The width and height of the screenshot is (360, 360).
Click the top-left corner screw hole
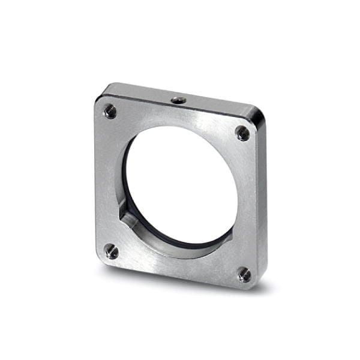click(110, 111)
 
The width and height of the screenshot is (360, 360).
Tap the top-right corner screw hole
click(242, 133)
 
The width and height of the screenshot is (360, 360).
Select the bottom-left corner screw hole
click(111, 251)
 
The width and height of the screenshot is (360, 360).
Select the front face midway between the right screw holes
click(247, 204)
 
